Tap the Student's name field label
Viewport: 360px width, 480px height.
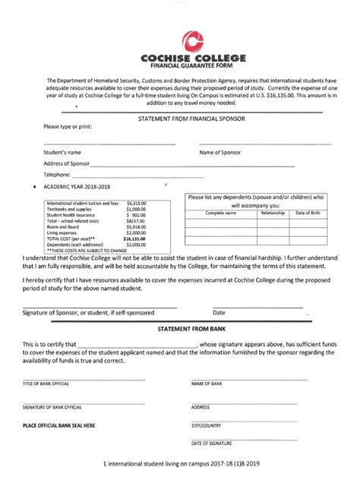[x=62, y=153]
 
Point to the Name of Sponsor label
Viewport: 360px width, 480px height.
[x=220, y=153]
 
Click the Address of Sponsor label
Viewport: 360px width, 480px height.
[x=67, y=163]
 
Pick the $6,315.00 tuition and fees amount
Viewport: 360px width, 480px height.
[x=137, y=204]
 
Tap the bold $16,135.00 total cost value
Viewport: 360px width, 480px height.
[x=136, y=238]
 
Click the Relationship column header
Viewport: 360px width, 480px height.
[x=273, y=213]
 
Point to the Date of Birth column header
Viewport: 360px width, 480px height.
[x=308, y=213]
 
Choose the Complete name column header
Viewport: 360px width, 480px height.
[x=220, y=213]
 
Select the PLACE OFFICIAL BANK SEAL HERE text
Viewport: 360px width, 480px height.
[x=58, y=425]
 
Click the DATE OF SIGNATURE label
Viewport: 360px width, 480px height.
[x=212, y=443]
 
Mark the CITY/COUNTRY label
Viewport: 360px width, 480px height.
[x=207, y=425]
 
